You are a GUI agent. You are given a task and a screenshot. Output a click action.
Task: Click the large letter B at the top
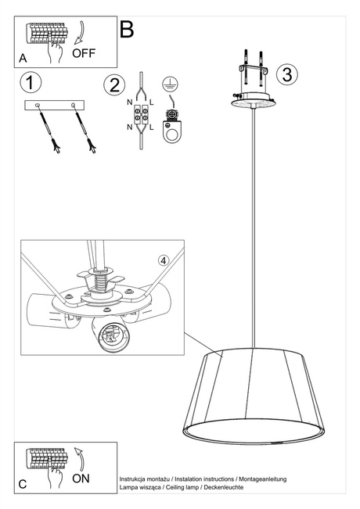[127, 30]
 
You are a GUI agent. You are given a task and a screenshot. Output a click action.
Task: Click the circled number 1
[30, 81]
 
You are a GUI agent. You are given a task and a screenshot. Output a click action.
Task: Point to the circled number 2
[114, 84]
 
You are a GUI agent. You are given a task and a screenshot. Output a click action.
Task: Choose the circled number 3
[287, 74]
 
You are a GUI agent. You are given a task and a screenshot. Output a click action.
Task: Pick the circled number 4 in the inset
[163, 260]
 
